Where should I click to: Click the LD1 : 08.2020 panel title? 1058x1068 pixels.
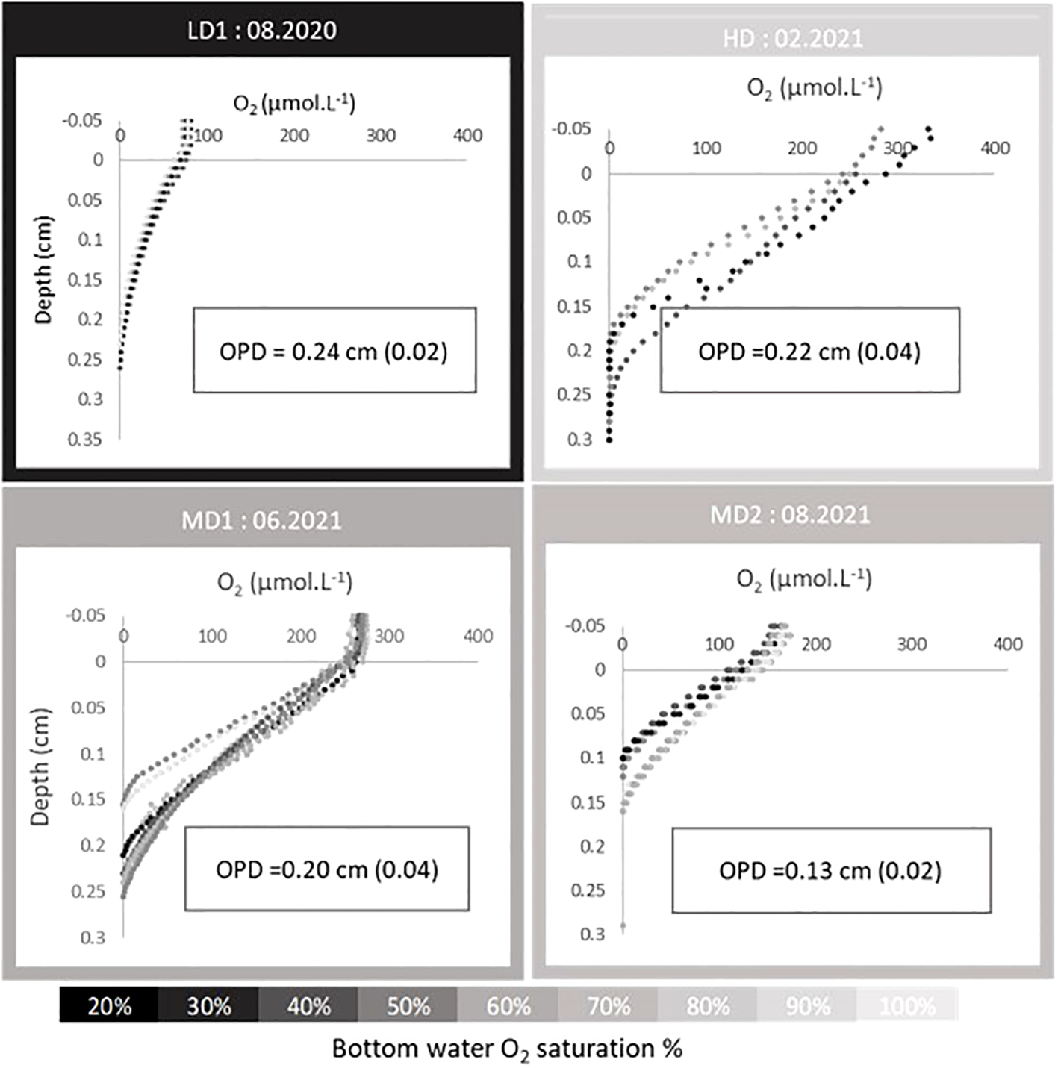pyautogui.click(x=261, y=31)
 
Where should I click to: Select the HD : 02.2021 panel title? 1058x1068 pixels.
pyautogui.click(x=792, y=38)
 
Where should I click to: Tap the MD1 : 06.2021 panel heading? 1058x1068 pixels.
pyautogui.click(x=261, y=519)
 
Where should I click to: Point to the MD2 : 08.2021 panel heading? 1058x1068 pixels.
pyautogui.click(x=790, y=515)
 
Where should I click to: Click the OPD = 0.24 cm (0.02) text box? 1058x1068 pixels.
pyautogui.click(x=334, y=350)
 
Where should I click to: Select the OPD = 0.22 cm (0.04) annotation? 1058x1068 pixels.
pyautogui.click(x=809, y=351)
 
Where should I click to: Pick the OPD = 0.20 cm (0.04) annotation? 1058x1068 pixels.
pyautogui.click(x=327, y=869)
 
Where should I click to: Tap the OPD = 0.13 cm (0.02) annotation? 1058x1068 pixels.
pyautogui.click(x=830, y=870)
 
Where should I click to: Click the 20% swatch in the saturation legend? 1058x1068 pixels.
pyautogui.click(x=109, y=1006)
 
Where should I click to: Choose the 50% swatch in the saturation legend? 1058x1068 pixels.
pyautogui.click(x=408, y=1006)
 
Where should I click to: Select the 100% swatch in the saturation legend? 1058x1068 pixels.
pyautogui.click(x=906, y=1006)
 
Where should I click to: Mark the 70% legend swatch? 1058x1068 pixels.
pyautogui.click(x=608, y=1006)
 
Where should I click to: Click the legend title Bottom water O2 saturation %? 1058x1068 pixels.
pyautogui.click(x=507, y=1049)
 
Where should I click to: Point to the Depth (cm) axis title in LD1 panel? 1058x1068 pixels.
pyautogui.click(x=43, y=270)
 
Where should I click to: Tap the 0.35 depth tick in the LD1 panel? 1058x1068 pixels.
pyautogui.click(x=84, y=439)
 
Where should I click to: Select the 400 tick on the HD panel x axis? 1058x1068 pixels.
pyautogui.click(x=995, y=148)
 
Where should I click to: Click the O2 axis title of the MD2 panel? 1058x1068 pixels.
pyautogui.click(x=803, y=579)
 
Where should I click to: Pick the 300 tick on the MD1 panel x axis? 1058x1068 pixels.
pyautogui.click(x=389, y=636)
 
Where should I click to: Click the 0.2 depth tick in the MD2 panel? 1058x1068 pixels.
pyautogui.click(x=592, y=846)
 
